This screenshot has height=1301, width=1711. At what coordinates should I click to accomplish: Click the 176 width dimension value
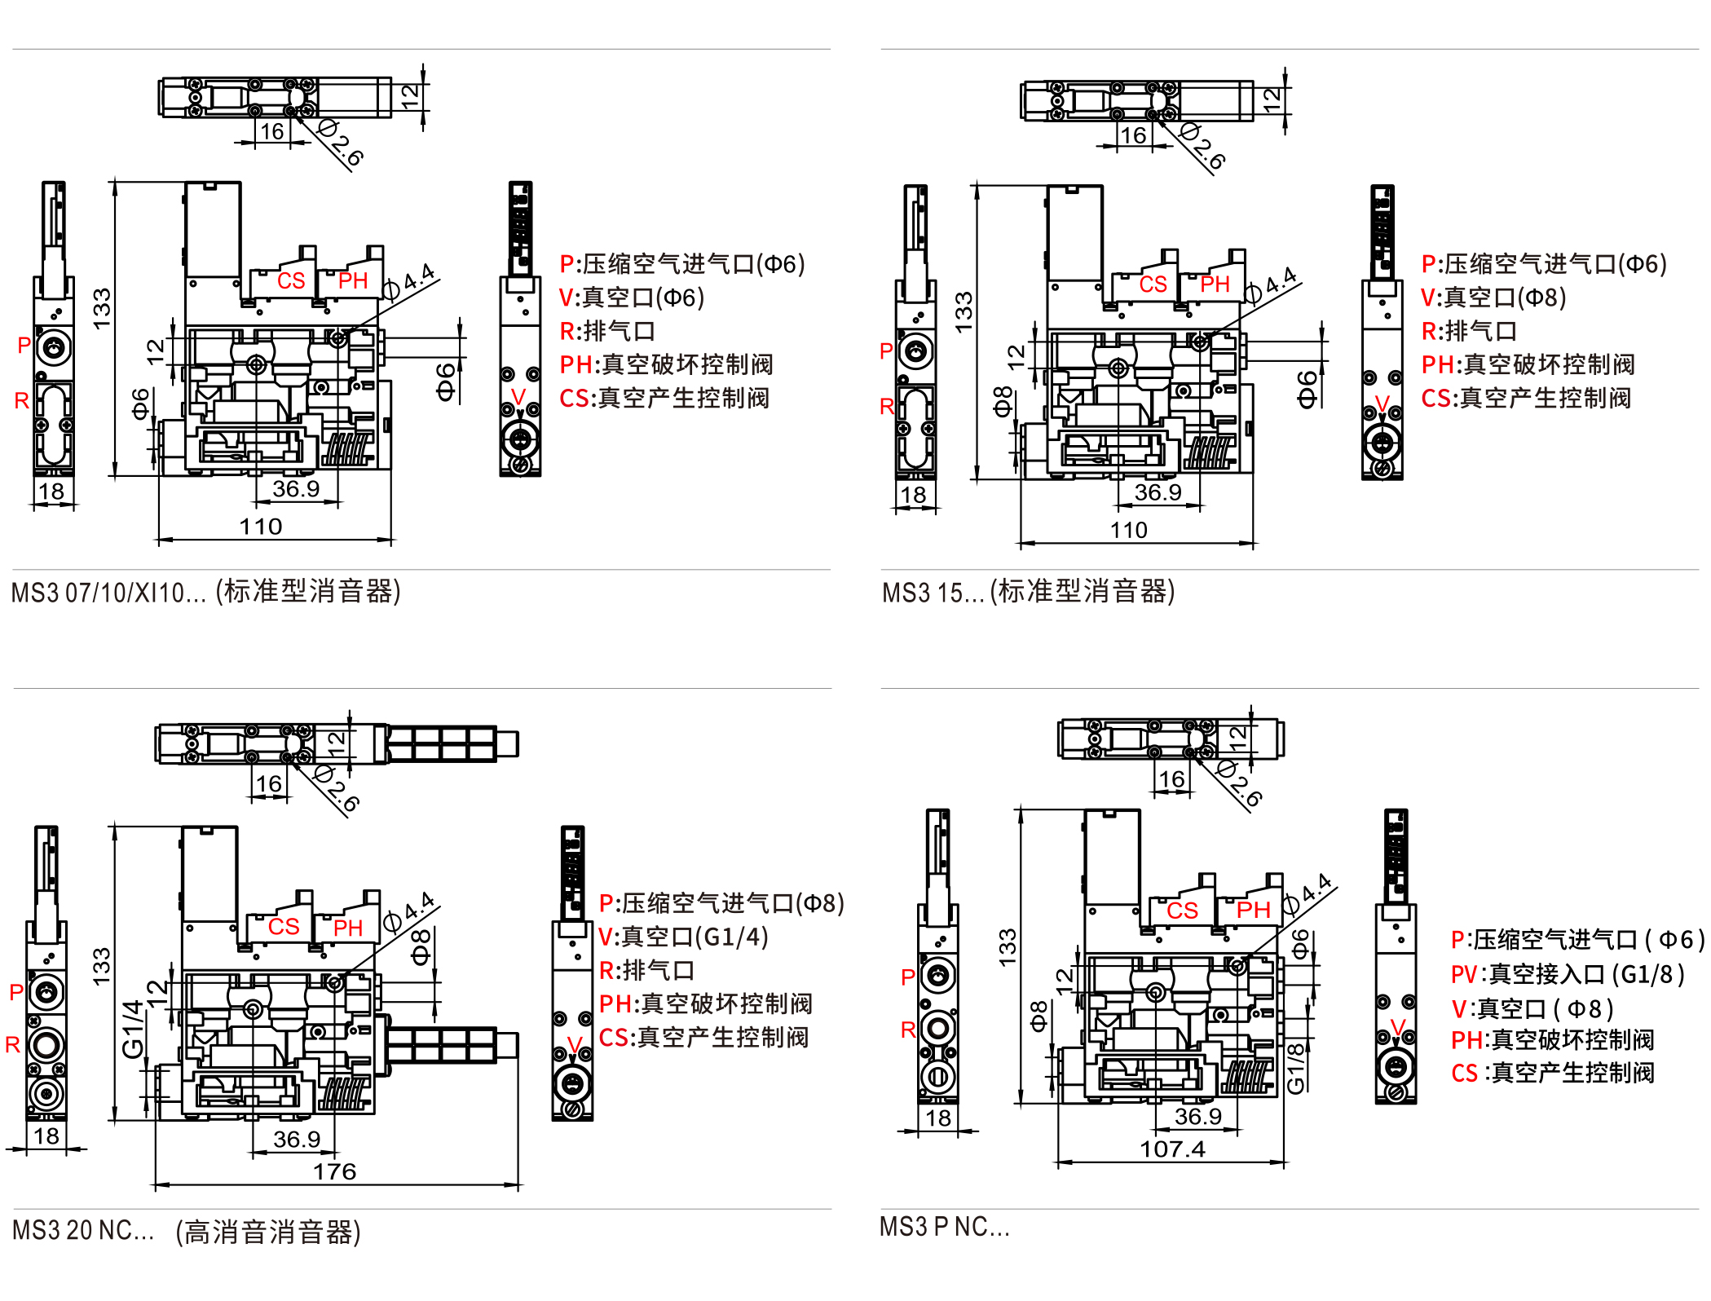tap(334, 1171)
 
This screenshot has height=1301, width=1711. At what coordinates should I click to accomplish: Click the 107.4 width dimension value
tap(1171, 1149)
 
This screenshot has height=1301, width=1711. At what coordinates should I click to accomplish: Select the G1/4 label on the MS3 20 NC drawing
tap(133, 1029)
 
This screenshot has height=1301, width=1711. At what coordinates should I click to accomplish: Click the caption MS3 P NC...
tap(944, 1227)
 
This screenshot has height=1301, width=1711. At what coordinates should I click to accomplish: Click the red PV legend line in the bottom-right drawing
tap(1567, 974)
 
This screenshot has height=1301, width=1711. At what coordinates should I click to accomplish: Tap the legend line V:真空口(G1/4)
tap(683, 937)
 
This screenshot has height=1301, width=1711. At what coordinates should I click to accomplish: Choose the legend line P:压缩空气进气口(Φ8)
tap(721, 903)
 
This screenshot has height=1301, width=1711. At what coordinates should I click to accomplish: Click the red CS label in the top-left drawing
tap(291, 281)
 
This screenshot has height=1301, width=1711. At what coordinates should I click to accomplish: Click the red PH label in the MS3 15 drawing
tap(1215, 284)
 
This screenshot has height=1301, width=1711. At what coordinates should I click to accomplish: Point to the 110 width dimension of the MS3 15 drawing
tap(1128, 531)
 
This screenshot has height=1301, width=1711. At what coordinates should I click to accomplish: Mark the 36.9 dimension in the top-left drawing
tap(295, 489)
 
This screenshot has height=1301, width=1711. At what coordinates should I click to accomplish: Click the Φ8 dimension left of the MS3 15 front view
tap(1003, 401)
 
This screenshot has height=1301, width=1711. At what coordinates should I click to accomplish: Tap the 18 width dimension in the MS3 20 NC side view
tap(46, 1136)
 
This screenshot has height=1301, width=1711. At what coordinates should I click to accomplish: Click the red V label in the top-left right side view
tap(518, 397)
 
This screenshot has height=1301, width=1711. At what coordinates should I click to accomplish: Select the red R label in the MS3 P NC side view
tap(908, 1030)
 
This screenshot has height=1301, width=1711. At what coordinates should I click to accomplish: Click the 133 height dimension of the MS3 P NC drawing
tap(1008, 948)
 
